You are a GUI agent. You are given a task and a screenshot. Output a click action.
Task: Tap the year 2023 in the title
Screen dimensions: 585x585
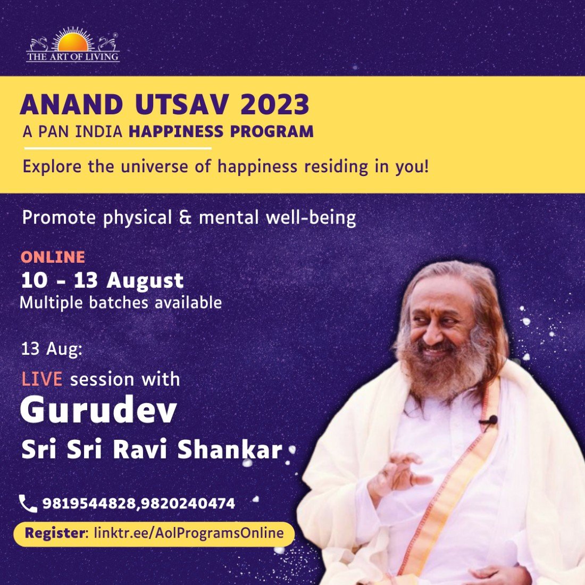(x=274, y=104)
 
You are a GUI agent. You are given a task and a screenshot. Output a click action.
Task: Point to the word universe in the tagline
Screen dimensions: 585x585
(x=154, y=166)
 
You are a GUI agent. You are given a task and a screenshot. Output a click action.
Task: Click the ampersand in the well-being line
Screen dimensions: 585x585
(x=185, y=218)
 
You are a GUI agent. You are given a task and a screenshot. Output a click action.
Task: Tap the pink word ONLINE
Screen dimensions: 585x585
(x=53, y=257)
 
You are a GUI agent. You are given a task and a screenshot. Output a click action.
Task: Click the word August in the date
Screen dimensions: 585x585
(x=145, y=281)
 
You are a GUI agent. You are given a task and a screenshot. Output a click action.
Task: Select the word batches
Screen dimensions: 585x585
(x=119, y=303)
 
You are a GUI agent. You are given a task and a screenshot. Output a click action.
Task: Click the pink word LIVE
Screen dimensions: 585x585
(x=42, y=379)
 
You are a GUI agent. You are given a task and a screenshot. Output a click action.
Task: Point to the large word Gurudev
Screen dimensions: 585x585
(x=98, y=411)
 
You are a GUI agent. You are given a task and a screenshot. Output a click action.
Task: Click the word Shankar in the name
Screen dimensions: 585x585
(x=230, y=449)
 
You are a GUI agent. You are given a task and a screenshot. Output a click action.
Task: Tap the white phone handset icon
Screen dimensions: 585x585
(x=28, y=504)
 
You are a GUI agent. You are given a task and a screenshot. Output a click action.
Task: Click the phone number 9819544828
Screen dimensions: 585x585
(x=89, y=504)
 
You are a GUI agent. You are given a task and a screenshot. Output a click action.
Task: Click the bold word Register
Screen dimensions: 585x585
(x=55, y=533)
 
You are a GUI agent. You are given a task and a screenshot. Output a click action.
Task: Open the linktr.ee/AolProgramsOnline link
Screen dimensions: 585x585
(x=189, y=533)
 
